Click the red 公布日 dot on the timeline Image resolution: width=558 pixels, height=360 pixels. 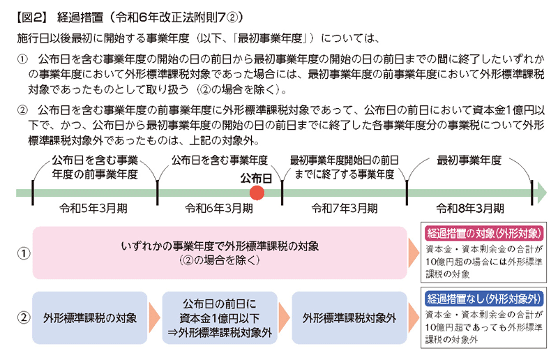pyautogui.click(x=257, y=193)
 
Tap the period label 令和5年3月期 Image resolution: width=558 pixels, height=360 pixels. pyautogui.click(x=93, y=209)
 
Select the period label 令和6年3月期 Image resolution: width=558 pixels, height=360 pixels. pyautogui.click(x=219, y=209)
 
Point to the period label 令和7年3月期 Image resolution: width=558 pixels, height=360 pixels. pyautogui.click(x=344, y=209)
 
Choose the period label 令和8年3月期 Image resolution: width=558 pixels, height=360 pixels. pyautogui.click(x=470, y=209)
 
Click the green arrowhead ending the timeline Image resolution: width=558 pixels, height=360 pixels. pyautogui.click(x=542, y=193)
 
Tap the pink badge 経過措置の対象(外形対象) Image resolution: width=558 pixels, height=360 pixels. pyautogui.click(x=484, y=234)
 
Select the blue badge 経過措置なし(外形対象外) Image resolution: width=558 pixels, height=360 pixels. pyautogui.click(x=484, y=299)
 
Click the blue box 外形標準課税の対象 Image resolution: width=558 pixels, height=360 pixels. pyautogui.click(x=90, y=317)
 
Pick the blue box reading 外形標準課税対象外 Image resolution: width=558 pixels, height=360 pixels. pyautogui.click(x=349, y=317)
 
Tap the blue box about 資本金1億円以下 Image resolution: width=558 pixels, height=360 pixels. pyautogui.click(x=220, y=317)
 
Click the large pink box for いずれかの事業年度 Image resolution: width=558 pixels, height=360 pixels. pyautogui.click(x=220, y=253)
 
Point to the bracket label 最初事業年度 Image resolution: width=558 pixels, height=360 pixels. pyautogui.click(x=469, y=160)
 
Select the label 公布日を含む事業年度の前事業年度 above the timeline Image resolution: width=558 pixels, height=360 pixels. pyautogui.click(x=95, y=167)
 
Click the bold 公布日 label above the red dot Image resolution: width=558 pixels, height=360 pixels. pyautogui.click(x=256, y=178)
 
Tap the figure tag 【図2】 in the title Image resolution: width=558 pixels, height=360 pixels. pyautogui.click(x=31, y=17)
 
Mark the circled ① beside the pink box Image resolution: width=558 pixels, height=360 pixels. pyautogui.click(x=24, y=253)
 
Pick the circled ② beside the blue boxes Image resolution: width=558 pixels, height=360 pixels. pyautogui.click(x=24, y=317)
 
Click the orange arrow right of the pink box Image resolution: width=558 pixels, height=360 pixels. pyautogui.click(x=414, y=253)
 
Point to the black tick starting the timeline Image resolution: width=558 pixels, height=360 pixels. pyautogui.click(x=33, y=193)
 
